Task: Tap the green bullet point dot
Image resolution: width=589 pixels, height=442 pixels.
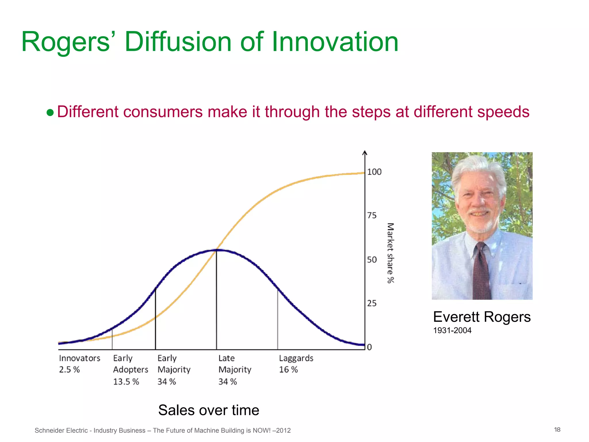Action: coord(50,113)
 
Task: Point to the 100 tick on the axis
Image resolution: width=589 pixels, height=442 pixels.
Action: coord(374,172)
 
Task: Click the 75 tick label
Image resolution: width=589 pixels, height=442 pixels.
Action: coord(372,216)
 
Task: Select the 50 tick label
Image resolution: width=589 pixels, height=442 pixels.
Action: coord(372,260)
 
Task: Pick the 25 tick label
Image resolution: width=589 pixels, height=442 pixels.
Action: coord(372,303)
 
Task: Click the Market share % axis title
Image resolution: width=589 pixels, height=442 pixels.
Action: coord(390,253)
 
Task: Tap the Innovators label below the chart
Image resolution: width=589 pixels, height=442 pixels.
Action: coord(80,358)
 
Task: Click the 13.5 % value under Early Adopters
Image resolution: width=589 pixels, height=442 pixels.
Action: coord(126,382)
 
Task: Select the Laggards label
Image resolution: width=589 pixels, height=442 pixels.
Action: coord(296,358)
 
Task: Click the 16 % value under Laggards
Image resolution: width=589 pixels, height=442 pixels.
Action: coord(288,370)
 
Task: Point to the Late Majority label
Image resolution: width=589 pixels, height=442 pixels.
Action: coord(235,364)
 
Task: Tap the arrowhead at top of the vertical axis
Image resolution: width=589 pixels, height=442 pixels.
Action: coord(365,153)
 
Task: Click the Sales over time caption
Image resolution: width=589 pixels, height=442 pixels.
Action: coord(209,410)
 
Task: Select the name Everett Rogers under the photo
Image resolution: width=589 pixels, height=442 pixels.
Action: coord(482,317)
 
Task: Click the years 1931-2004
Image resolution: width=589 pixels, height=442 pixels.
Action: coord(452,330)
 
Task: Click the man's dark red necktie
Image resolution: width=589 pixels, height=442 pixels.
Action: coord(482,270)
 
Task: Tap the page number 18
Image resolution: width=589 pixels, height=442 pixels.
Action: coord(557,430)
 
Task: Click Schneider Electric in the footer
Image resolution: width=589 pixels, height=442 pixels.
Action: coord(61,430)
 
